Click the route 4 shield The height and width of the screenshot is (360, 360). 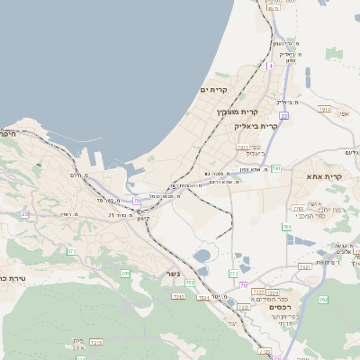(x=269, y=66)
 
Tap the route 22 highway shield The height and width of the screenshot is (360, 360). (x=283, y=116)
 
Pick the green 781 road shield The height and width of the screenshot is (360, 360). (x=276, y=168)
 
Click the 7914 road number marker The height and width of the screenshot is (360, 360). (x=325, y=109)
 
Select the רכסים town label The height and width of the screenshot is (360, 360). (x=282, y=316)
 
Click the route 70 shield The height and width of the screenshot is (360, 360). (x=243, y=285)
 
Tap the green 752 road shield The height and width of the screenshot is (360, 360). (x=190, y=283)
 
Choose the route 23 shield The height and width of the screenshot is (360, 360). (x=25, y=213)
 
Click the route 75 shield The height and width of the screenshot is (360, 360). (x=136, y=200)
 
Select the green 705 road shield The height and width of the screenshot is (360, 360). (x=125, y=273)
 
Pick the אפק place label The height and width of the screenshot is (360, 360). (x=345, y=113)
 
